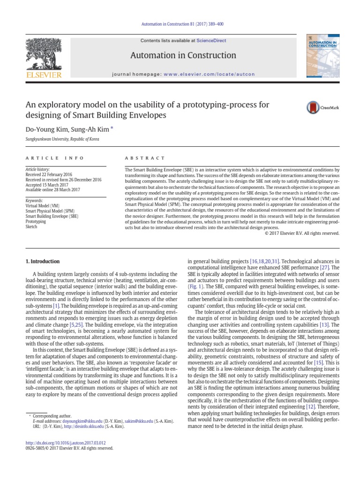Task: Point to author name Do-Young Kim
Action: (x=42, y=128)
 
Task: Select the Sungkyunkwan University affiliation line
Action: (x=62, y=139)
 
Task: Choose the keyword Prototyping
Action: (x=36, y=221)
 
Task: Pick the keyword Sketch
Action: (x=31, y=226)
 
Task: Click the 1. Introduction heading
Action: (x=42, y=261)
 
